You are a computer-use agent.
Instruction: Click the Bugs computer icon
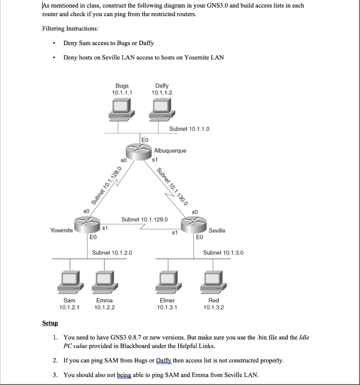coord(121,109)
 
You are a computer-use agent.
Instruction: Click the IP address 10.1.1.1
coord(122,92)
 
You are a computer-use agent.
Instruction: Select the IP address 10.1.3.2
coord(213,307)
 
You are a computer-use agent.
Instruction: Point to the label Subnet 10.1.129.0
coord(144,219)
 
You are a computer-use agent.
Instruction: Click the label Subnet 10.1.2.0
coord(112,253)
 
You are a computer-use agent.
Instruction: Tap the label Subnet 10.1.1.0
coord(189,129)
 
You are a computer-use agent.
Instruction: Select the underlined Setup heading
coord(50,323)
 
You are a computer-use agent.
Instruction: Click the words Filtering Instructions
coord(70,29)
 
